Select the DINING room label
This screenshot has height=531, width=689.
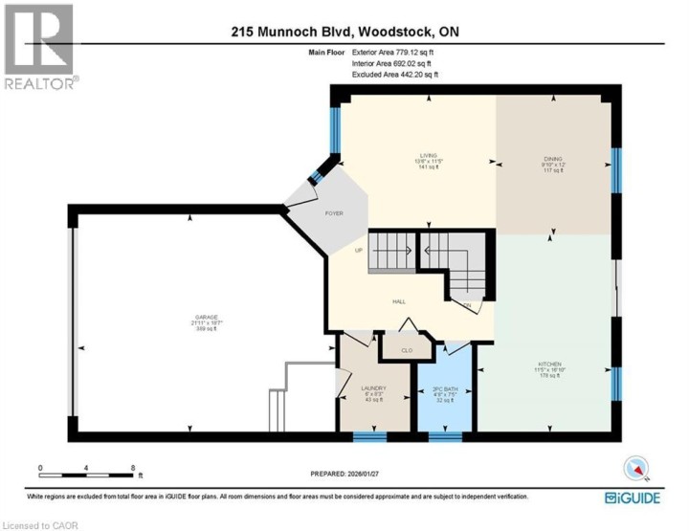[x=555, y=160]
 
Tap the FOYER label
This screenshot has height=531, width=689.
[x=333, y=213]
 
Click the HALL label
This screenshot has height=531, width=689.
[x=399, y=300]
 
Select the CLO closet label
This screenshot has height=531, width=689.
[x=406, y=350]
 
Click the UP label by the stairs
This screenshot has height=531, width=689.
[x=359, y=251]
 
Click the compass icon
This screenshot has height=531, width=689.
[x=635, y=469]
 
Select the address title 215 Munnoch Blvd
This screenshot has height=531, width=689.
[x=344, y=31]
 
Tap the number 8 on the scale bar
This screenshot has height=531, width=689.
[x=131, y=467]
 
